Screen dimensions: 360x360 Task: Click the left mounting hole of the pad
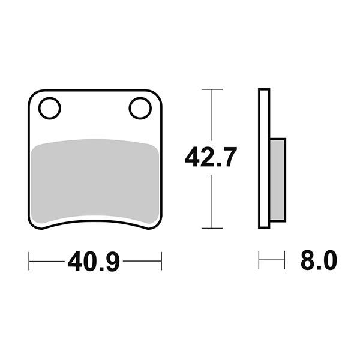[x=49, y=109]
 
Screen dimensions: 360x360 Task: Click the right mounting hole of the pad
[x=139, y=109]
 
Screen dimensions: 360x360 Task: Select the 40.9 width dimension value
[x=94, y=262]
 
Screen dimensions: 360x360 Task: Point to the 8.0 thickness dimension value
[x=318, y=261]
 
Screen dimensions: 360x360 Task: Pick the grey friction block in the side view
[x=277, y=179]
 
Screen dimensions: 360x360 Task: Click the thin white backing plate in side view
[x=263, y=158]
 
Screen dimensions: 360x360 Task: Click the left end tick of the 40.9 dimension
[x=29, y=261]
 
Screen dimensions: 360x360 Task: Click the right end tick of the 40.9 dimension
[x=161, y=261]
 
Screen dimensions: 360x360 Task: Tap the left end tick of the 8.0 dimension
[x=259, y=261]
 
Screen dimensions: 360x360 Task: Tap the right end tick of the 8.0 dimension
[x=284, y=261]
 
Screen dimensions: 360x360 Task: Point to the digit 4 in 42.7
[x=193, y=157]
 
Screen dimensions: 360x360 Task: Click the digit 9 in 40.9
[x=113, y=262]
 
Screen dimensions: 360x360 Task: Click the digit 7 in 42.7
[x=230, y=157]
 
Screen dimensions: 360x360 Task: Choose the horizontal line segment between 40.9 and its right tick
[x=142, y=261]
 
